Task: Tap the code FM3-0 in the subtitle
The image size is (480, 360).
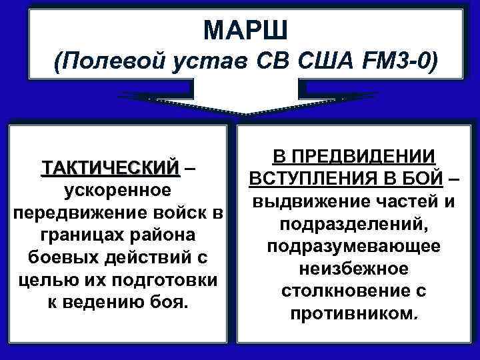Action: pos(399,65)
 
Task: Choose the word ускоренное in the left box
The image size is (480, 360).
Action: pos(117,190)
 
